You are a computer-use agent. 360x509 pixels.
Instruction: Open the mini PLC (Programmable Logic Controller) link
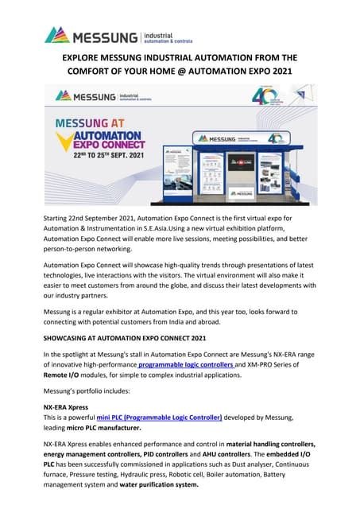click(x=159, y=417)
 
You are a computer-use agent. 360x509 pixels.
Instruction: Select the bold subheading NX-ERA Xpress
click(x=66, y=406)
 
